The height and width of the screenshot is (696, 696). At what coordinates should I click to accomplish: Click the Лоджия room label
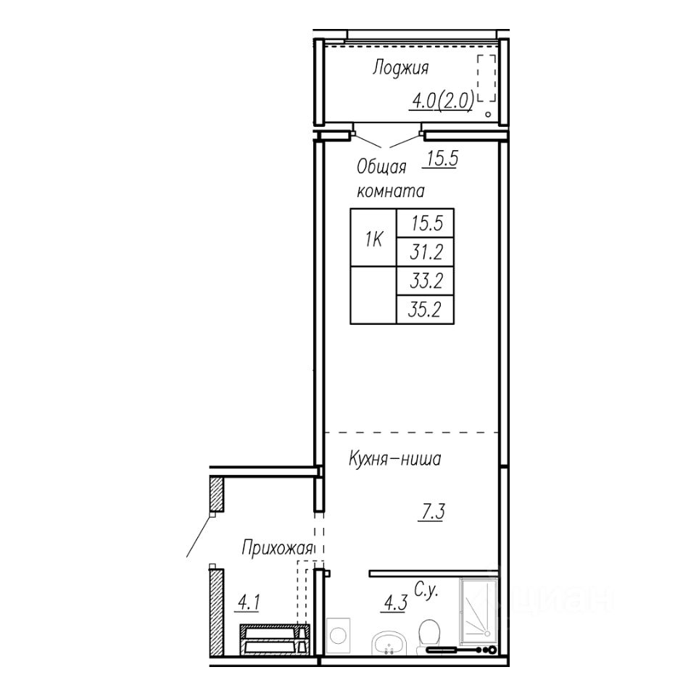click(x=400, y=69)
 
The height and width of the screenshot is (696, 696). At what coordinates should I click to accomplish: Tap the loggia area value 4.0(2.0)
click(x=443, y=101)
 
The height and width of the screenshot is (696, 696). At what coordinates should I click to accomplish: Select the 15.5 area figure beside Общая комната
click(x=442, y=159)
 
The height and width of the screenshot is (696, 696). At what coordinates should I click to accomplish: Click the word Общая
click(x=381, y=167)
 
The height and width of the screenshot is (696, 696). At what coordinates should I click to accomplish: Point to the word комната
click(x=391, y=191)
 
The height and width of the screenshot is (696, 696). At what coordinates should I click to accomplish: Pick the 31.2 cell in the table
click(x=426, y=252)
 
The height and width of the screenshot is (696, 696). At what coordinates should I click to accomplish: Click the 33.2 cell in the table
click(x=426, y=281)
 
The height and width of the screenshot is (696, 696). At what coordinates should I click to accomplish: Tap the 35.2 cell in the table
click(x=425, y=310)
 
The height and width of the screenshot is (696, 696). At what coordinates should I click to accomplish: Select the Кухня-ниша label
click(x=394, y=459)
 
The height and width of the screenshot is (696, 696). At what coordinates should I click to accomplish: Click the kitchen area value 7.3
click(x=433, y=513)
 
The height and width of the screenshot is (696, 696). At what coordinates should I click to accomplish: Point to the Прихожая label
click(x=277, y=549)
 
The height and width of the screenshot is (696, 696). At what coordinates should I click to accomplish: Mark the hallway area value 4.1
click(x=249, y=602)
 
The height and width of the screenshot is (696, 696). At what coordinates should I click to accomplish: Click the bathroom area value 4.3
click(x=394, y=604)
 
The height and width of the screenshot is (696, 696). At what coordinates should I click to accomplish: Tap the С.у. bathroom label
click(x=426, y=590)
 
